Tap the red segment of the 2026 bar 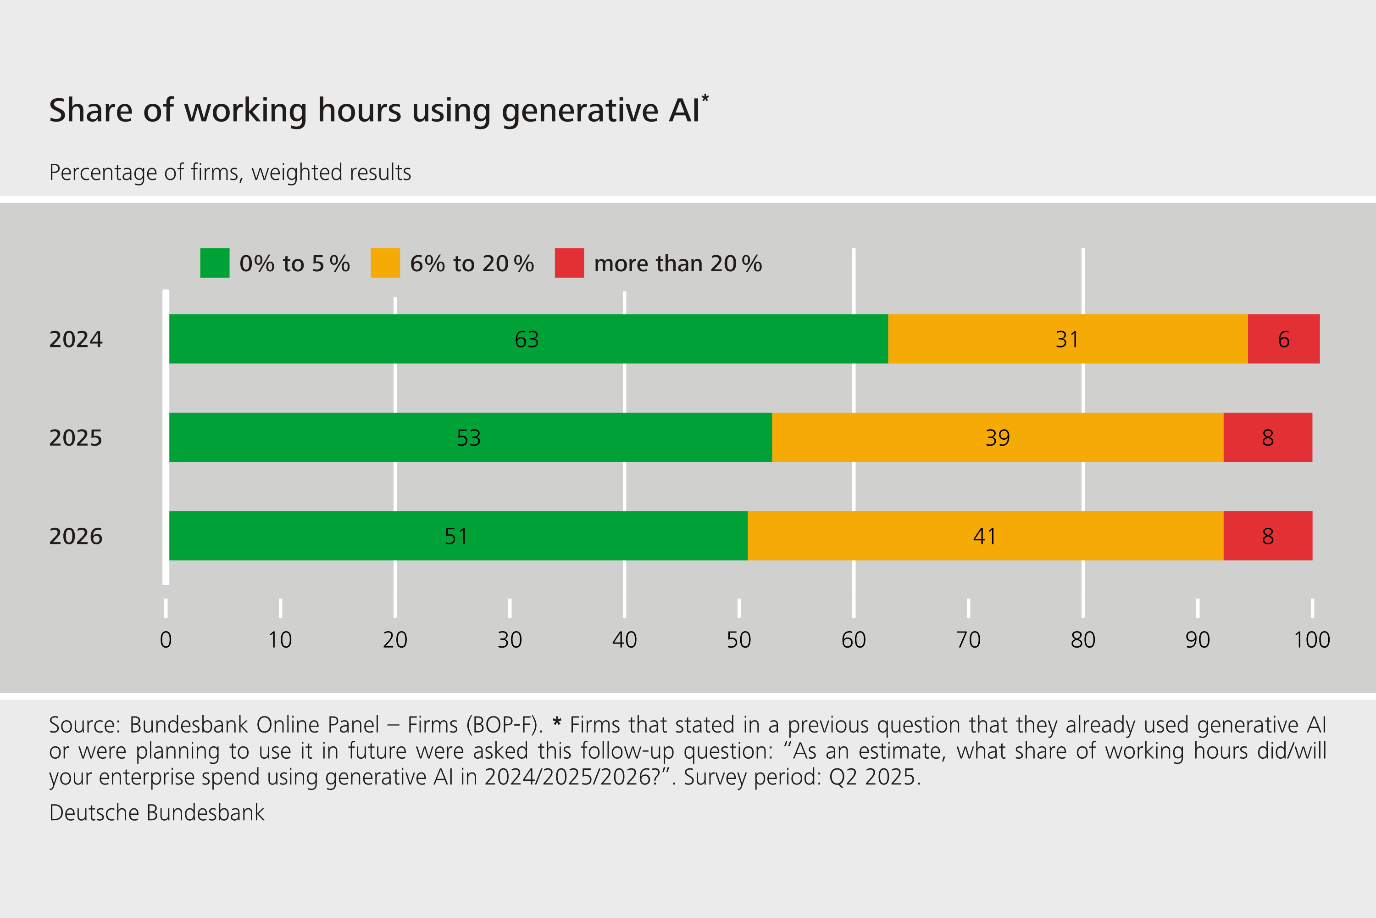click(1267, 536)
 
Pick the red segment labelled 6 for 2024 click(1283, 339)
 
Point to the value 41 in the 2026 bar click(985, 536)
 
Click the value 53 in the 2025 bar click(469, 438)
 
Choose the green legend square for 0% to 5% click(215, 263)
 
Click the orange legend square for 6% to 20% click(385, 263)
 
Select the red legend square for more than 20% click(569, 263)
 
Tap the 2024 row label click(76, 340)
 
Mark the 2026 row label click(76, 536)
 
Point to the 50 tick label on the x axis click(739, 640)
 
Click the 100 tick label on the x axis click(1312, 640)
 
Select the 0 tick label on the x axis click(166, 640)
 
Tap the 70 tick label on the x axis click(968, 640)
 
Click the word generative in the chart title click(580, 111)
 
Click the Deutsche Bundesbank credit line click(157, 812)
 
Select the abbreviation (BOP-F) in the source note click(504, 725)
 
